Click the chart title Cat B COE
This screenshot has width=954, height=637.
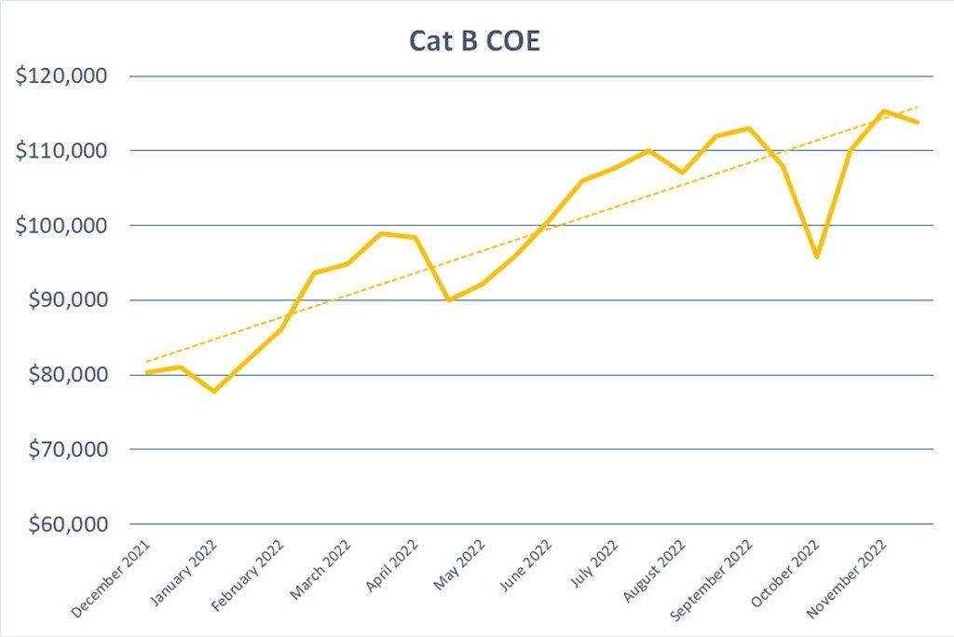(x=474, y=42)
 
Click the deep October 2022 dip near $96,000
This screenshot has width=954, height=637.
(x=816, y=256)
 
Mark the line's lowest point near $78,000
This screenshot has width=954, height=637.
(x=214, y=391)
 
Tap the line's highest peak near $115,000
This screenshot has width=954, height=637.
(x=883, y=111)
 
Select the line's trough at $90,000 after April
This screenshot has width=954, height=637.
(x=450, y=300)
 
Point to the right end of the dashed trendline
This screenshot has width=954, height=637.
(x=918, y=106)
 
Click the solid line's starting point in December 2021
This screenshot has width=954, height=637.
(x=147, y=372)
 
